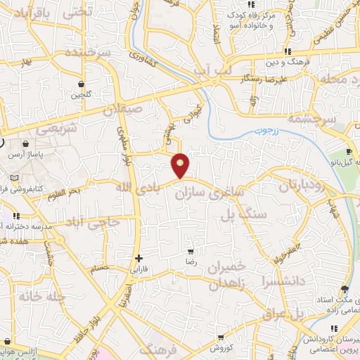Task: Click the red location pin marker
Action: tap(181, 165)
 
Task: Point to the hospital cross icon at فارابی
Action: tap(139, 258)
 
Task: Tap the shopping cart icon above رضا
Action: tap(190, 251)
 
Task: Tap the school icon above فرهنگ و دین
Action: tap(288, 52)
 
